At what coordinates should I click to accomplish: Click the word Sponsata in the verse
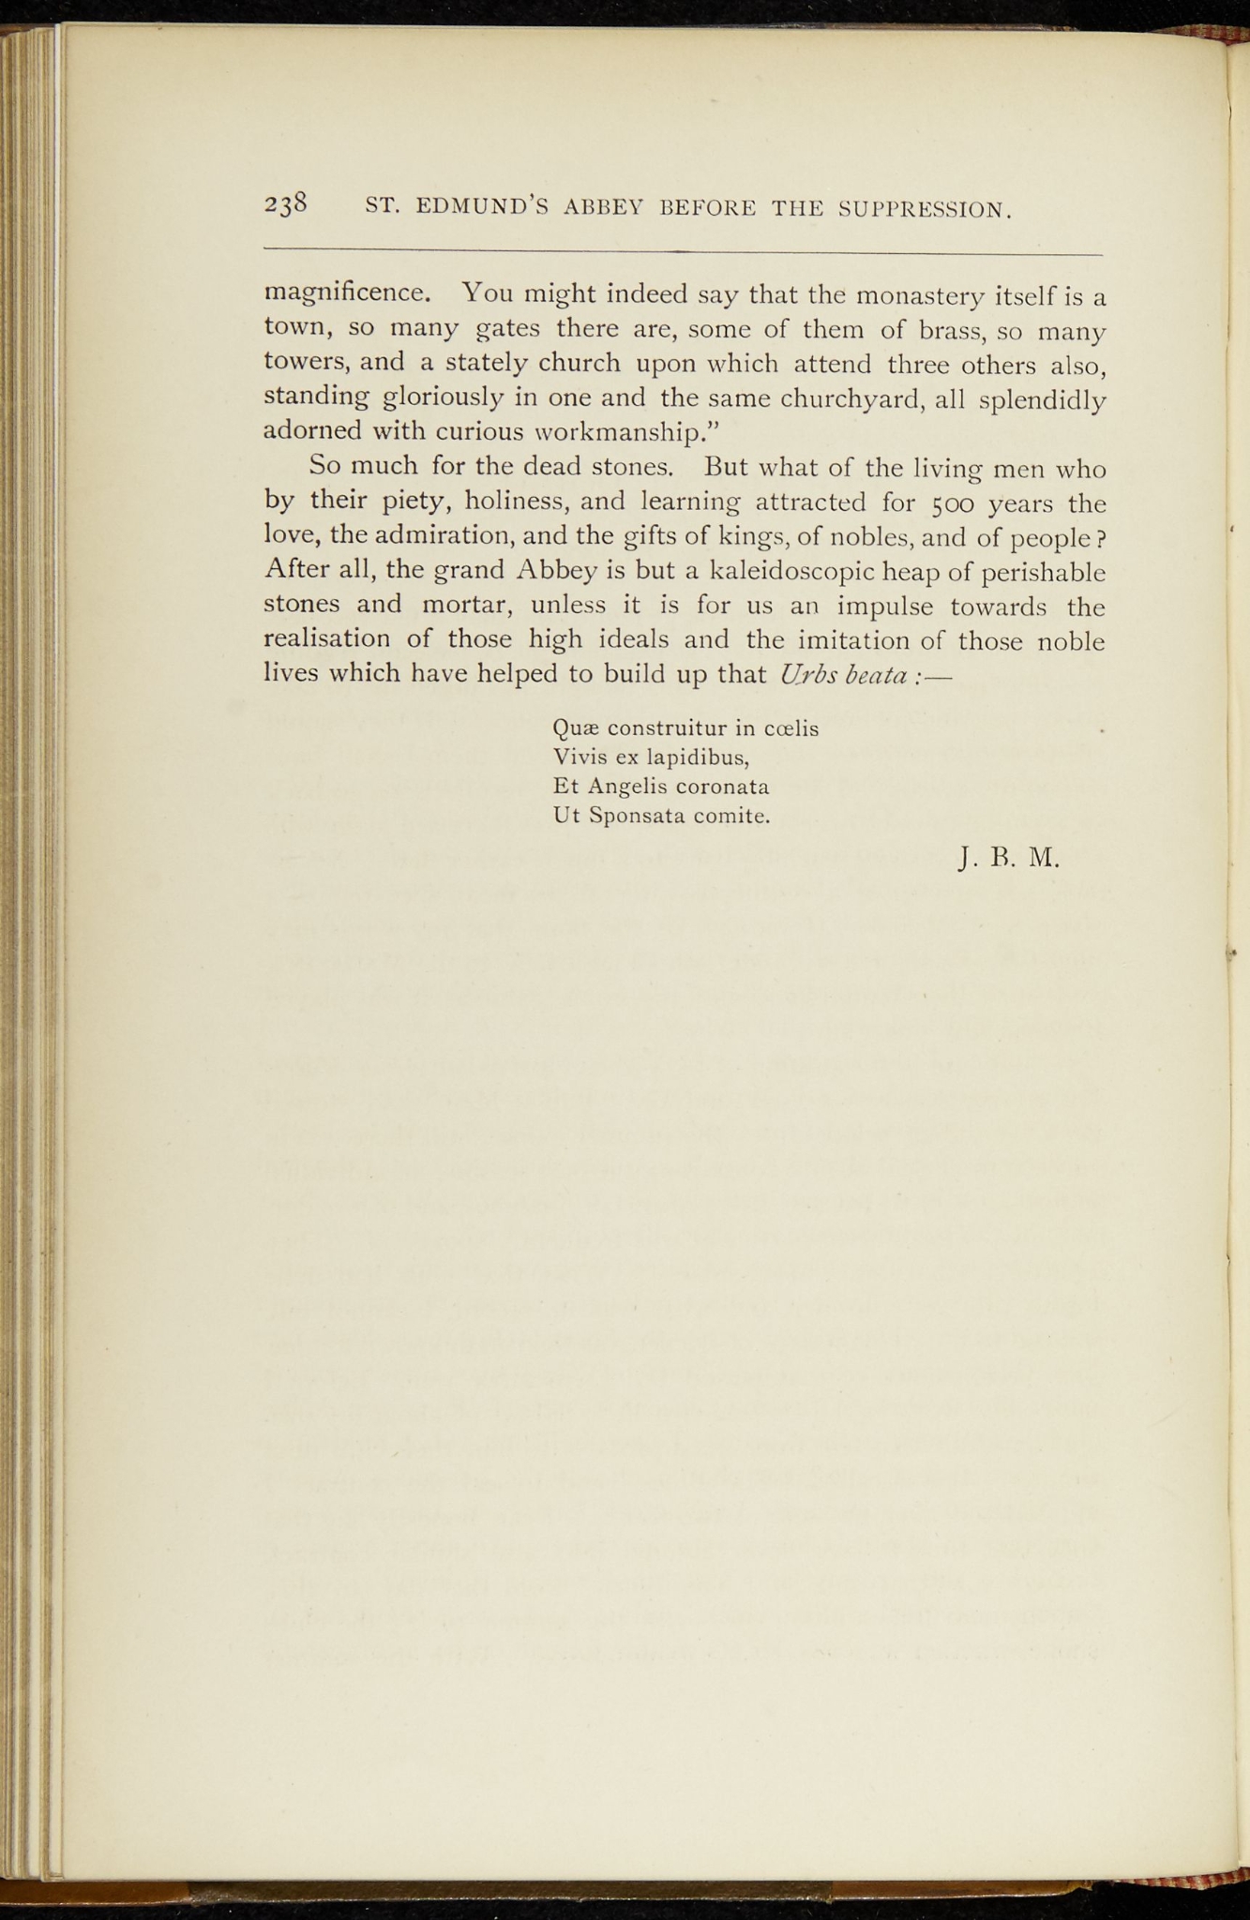coord(637,816)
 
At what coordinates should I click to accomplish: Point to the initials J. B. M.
coord(1009,857)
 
